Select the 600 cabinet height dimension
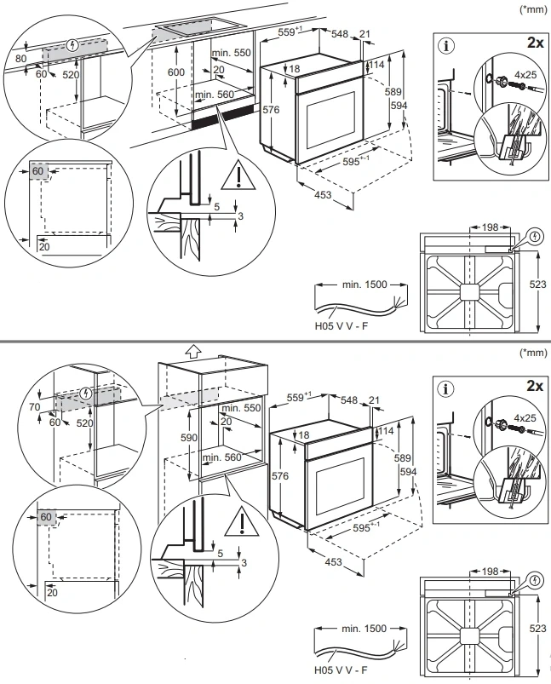[x=176, y=73]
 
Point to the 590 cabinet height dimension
[x=193, y=437]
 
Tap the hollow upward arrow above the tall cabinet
[x=192, y=349]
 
